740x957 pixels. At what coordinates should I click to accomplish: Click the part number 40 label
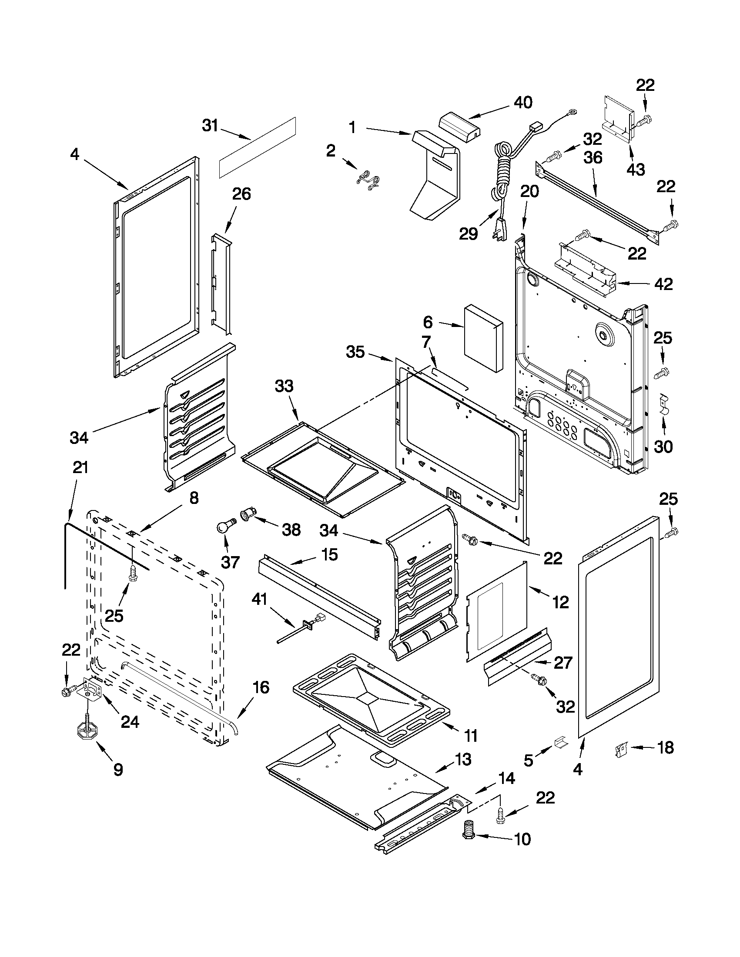tap(523, 103)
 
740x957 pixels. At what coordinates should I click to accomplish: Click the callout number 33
tap(284, 386)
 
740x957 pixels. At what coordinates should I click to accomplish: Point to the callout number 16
tap(261, 687)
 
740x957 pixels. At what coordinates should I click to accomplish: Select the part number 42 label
tap(663, 284)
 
